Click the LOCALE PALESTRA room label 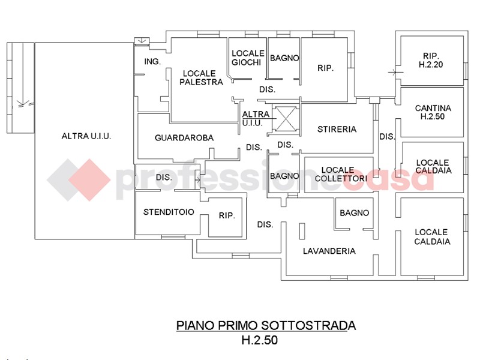coord(201,78)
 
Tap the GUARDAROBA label coord(184,138)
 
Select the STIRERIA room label coord(337,129)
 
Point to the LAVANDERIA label coord(329,251)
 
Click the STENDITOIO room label coord(169,212)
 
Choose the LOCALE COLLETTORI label coord(340,174)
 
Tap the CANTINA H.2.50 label coord(433,112)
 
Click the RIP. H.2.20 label coord(431,60)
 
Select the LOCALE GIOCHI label coord(248,58)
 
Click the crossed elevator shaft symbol coord(284,119)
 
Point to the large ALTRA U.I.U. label coord(86,136)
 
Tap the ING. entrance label coord(152,62)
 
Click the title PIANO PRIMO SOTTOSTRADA coord(266,325)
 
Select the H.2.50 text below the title coord(260,340)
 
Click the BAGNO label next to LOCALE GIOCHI coord(284,58)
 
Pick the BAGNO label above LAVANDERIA coord(354,213)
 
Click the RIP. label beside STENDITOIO coord(227,215)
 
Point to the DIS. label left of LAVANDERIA coord(265,224)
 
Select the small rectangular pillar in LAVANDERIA coord(302,231)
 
